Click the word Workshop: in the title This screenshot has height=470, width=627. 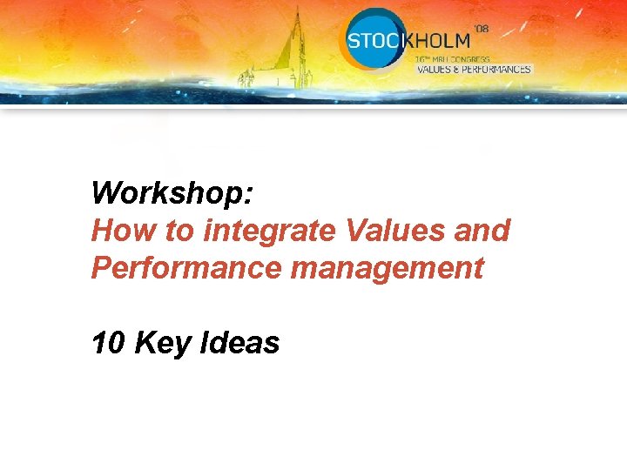click(172, 192)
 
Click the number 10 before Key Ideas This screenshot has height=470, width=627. click(109, 344)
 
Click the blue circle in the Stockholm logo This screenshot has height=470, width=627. click(373, 38)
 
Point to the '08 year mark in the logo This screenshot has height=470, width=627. click(481, 29)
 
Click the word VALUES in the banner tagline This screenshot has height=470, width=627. click(432, 69)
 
